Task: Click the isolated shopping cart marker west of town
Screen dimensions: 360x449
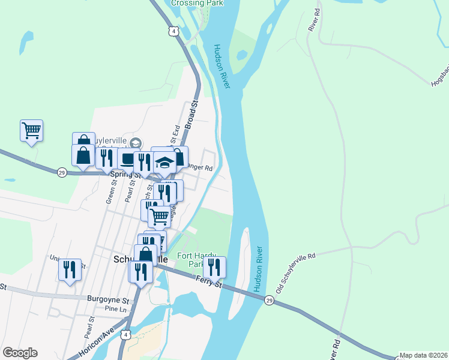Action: pyautogui.click(x=31, y=130)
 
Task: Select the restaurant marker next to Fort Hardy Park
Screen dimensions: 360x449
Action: pyautogui.click(x=214, y=266)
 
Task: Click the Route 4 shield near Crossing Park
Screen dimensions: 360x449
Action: pyautogui.click(x=173, y=31)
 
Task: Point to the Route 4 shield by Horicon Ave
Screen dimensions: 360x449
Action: pyautogui.click(x=124, y=335)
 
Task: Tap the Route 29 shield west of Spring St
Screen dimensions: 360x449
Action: pyautogui.click(x=62, y=172)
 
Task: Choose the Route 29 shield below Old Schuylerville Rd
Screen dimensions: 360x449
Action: pyautogui.click(x=269, y=299)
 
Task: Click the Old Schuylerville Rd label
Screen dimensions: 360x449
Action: pyautogui.click(x=295, y=273)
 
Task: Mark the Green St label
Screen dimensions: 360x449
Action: pyautogui.click(x=110, y=193)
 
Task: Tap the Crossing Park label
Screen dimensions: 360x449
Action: pyautogui.click(x=197, y=3)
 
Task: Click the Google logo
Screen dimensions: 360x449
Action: pyautogui.click(x=20, y=352)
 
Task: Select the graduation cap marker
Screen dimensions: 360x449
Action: pyautogui.click(x=165, y=162)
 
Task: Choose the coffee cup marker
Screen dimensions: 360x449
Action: pyautogui.click(x=128, y=158)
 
